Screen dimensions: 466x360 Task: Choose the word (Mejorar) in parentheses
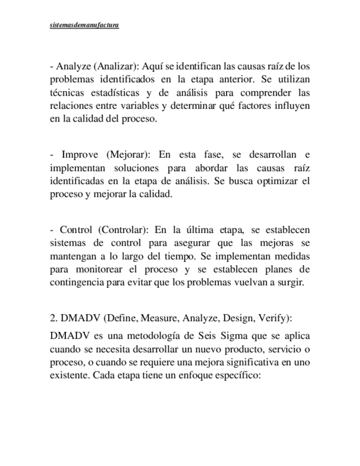click(128, 154)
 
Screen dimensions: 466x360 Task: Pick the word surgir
click(289, 282)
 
